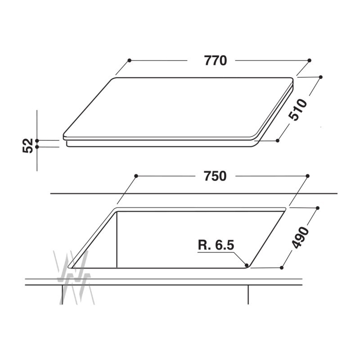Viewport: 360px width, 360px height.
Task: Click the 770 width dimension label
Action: [x=216, y=61]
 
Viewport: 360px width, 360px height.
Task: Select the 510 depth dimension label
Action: [x=298, y=110]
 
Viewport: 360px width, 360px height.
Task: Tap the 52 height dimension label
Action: [x=28, y=145]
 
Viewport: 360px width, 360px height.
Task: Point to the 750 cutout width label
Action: [x=215, y=176]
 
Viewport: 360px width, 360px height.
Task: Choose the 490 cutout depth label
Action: [x=300, y=238]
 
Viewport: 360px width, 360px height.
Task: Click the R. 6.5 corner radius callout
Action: [x=216, y=245]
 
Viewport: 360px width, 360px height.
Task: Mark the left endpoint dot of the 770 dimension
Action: [x=129, y=60]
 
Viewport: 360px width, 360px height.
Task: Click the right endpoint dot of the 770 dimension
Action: [x=309, y=60]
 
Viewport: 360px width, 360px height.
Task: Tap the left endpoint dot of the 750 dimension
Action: [x=136, y=176]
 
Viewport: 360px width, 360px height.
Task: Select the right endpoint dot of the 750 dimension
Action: [x=308, y=176]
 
